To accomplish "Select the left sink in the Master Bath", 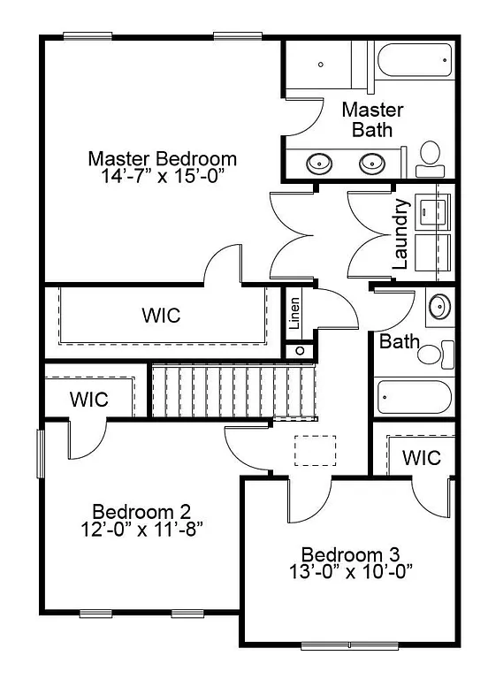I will point(318,163).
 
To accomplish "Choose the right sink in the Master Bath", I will point(371,163).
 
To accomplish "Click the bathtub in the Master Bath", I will point(414,63).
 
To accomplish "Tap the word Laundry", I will point(400,233).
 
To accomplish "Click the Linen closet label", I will point(295,314).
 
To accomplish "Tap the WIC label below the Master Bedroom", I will point(161,315).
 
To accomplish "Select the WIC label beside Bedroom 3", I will point(421,458).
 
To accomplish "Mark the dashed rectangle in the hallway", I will point(316,450).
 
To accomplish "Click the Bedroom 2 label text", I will point(141,511).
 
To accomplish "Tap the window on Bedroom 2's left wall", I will point(40,453).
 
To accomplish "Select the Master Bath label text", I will point(372,119).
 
